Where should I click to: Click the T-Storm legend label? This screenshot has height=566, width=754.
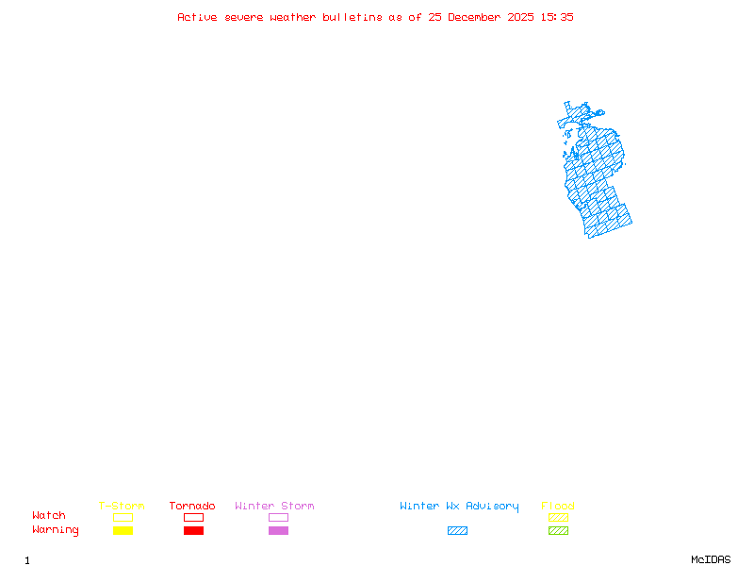pos(122,507)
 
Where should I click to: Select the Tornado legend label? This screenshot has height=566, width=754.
pos(192,507)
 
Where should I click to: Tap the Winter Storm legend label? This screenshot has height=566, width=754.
pos(274,507)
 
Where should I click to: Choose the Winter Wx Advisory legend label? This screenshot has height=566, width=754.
pos(459,507)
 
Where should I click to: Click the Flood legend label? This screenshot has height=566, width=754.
pos(558,507)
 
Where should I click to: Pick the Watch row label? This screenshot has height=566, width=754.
pos(49,516)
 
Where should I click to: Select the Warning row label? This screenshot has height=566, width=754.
pos(56,530)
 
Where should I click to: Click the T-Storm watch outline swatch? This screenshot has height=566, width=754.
pos(123,517)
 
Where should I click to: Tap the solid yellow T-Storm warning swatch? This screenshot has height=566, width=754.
pos(123,531)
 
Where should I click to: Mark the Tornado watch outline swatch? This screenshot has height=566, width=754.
pos(193,517)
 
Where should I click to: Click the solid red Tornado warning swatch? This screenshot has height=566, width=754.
pos(193,531)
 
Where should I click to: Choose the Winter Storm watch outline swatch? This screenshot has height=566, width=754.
pos(278,517)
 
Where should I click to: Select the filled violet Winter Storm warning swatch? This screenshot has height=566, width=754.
pos(278,531)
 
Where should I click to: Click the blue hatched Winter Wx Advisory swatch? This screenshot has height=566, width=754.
pos(457,531)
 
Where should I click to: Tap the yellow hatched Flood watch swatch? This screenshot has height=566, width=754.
pos(558,517)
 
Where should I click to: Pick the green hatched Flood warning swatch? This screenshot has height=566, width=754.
pos(558,531)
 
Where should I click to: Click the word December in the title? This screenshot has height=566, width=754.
pos(479,17)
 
